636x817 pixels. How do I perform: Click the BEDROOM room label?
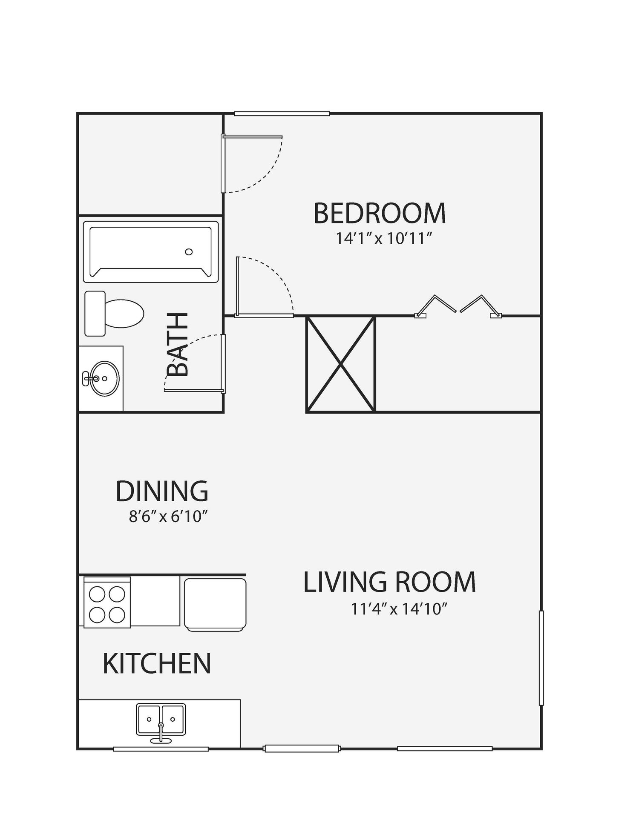(380, 213)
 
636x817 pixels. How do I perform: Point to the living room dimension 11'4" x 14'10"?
(399, 609)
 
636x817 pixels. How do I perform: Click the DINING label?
(162, 491)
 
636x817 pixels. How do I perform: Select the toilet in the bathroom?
(114, 314)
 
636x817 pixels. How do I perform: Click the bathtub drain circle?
(189, 252)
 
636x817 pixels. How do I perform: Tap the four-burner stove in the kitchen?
(107, 603)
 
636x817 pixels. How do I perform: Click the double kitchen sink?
(161, 720)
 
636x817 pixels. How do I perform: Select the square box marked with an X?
(341, 364)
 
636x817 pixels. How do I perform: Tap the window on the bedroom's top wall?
(282, 114)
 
